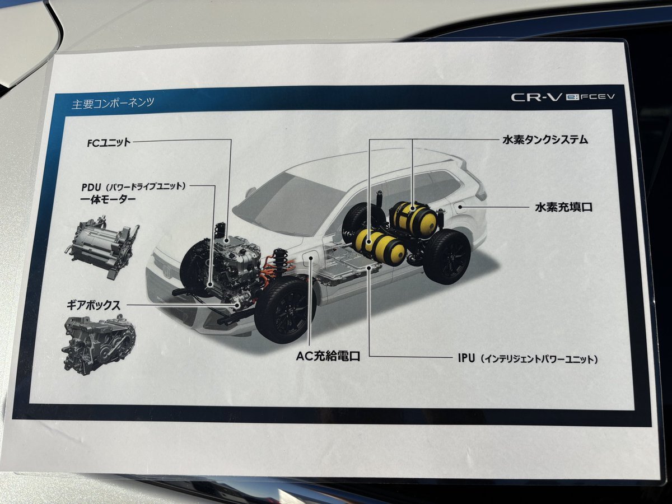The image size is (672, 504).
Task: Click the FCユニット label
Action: pos(109,142)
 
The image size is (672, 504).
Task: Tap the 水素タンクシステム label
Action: pos(545,140)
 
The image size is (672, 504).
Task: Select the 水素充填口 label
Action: pos(563,207)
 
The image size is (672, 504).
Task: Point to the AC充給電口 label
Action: pos(328,356)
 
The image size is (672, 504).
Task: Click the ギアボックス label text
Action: pos(94,305)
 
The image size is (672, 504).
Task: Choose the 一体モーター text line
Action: pos(108,199)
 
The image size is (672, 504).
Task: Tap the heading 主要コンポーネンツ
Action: pos(113,103)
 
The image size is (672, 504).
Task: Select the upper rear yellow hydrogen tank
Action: pos(414,217)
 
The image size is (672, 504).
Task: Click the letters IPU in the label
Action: pos(466,358)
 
